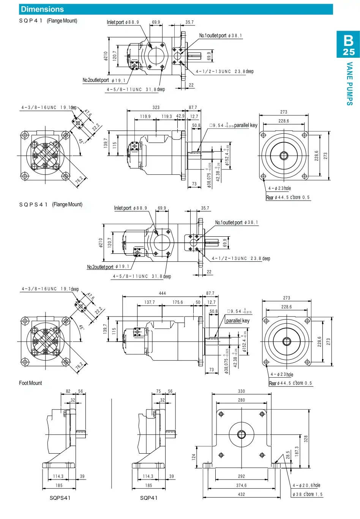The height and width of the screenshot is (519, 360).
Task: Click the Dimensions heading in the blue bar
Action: (x=42, y=9)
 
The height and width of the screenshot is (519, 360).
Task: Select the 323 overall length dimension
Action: (x=156, y=108)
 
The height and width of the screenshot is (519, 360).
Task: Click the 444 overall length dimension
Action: (x=162, y=293)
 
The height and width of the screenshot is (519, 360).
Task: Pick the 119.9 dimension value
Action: (x=145, y=117)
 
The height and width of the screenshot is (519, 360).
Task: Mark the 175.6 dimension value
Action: (x=177, y=302)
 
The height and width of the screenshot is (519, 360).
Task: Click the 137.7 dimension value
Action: (x=150, y=302)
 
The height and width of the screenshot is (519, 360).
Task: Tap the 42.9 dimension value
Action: (x=180, y=116)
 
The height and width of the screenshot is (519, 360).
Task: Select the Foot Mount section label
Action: (x=30, y=383)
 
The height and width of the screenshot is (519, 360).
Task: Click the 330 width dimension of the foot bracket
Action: (x=242, y=391)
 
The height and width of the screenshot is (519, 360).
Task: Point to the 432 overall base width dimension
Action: (x=242, y=494)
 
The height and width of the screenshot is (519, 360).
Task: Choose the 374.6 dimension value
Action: (x=242, y=485)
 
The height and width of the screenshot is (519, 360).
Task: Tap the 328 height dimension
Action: (x=306, y=438)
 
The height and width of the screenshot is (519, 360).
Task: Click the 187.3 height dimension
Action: (x=297, y=451)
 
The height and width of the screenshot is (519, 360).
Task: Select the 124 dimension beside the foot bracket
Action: (x=193, y=456)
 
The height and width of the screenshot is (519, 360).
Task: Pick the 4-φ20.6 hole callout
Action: (x=306, y=485)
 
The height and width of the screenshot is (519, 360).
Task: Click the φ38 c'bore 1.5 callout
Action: (x=307, y=494)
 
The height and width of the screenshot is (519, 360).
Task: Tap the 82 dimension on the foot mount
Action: (x=68, y=391)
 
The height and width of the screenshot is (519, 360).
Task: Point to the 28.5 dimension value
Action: (x=288, y=455)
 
